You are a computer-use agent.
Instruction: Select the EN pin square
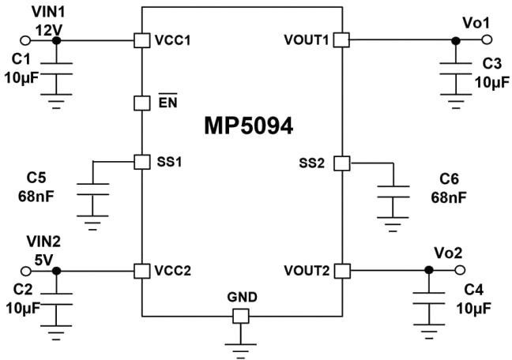141,103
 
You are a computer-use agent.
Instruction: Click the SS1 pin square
141,162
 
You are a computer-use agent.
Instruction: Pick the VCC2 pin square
141,270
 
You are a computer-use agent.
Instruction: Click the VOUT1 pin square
341,39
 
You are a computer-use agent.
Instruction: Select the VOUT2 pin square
341,270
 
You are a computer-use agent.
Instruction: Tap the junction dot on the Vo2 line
428,270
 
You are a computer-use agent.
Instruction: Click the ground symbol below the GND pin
240,344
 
